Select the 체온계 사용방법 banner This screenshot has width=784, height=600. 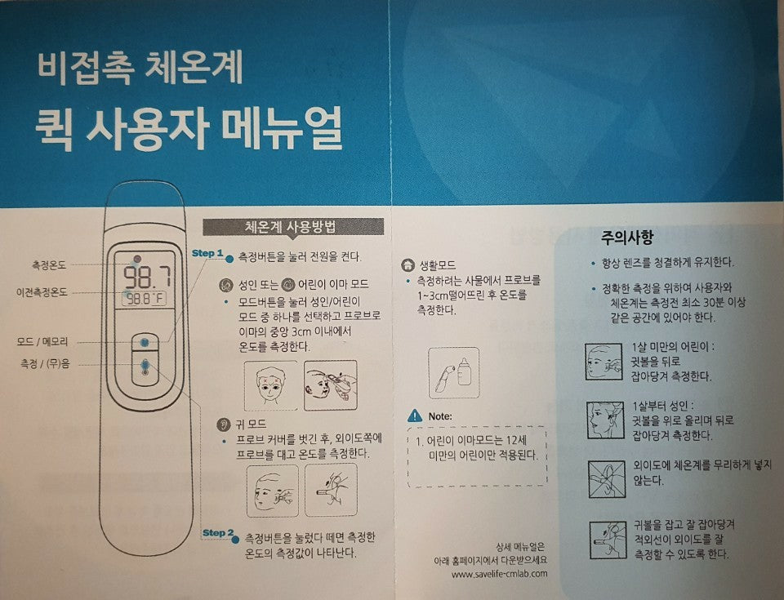292,227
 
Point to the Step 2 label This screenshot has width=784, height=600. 218,533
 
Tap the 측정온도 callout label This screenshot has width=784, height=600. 49,264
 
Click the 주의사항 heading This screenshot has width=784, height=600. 626,238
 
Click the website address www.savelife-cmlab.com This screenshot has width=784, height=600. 499,573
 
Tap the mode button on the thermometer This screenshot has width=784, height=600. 145,341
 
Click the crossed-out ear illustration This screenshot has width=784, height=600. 606,480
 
